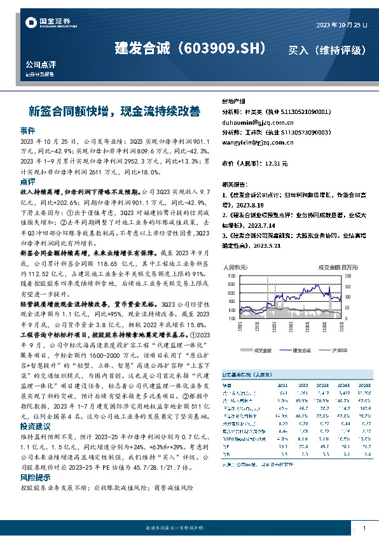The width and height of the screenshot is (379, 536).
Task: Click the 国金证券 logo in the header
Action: point(44,23)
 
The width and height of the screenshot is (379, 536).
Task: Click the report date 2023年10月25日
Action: point(341,25)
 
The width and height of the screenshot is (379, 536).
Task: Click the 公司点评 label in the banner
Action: point(41,65)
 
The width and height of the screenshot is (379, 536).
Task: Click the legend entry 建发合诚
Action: point(301,350)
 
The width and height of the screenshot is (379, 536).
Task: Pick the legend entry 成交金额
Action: point(262,350)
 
